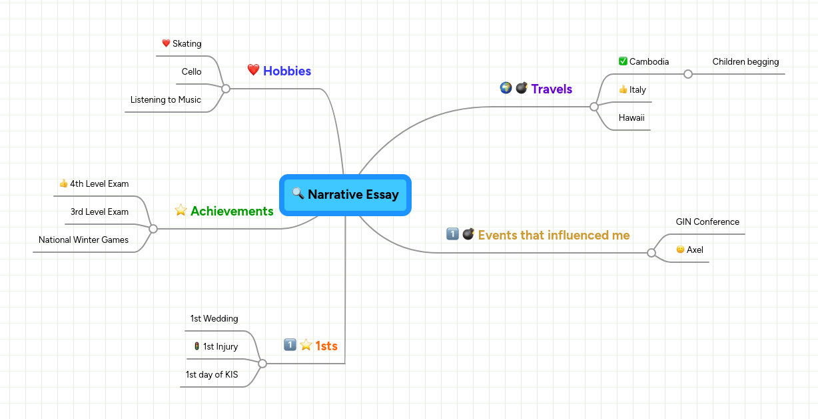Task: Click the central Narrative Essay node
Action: (x=345, y=195)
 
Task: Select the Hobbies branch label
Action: (x=287, y=71)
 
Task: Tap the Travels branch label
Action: (x=552, y=89)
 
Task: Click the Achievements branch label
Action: (x=232, y=211)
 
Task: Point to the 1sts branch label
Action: (x=326, y=346)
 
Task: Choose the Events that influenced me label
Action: (x=554, y=235)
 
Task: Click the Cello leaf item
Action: (x=191, y=71)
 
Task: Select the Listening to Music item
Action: (x=165, y=99)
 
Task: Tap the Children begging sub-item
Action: (x=745, y=61)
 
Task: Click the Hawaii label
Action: (x=631, y=117)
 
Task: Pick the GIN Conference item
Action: (x=707, y=222)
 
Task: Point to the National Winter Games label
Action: (x=83, y=240)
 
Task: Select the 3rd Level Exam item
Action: (x=99, y=212)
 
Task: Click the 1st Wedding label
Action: (x=214, y=318)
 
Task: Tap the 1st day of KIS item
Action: (x=211, y=374)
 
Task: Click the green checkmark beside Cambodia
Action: (x=623, y=61)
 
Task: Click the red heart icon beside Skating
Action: (x=166, y=43)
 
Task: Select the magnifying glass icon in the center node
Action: (x=298, y=194)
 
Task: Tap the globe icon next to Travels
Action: (x=506, y=88)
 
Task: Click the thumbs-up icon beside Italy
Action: (x=623, y=89)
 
